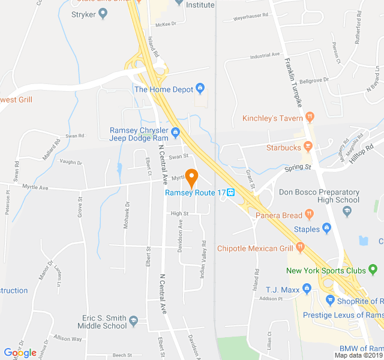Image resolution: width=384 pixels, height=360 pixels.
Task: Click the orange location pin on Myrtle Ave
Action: (191, 178)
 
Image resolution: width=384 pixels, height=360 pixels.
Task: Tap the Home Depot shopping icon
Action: (200, 89)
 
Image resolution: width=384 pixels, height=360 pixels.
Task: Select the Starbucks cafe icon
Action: (308, 146)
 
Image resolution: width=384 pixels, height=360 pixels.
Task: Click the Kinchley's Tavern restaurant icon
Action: (310, 118)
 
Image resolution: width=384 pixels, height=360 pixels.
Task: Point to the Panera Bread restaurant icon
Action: (309, 214)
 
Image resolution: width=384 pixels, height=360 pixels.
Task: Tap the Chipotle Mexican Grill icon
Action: (300, 248)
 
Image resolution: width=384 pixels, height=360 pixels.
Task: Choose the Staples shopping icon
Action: (326, 228)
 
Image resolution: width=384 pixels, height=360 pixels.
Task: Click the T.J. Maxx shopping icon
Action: (307, 289)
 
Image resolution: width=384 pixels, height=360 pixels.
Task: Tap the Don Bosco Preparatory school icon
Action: (347, 211)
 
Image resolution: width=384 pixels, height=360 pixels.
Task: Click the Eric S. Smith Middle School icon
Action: (134, 322)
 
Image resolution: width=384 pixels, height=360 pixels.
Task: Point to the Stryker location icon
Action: (103, 14)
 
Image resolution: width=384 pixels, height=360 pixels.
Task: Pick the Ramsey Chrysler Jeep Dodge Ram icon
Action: (175, 132)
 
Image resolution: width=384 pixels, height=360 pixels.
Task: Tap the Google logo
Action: (20, 353)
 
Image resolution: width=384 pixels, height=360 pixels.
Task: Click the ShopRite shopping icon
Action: (329, 301)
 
